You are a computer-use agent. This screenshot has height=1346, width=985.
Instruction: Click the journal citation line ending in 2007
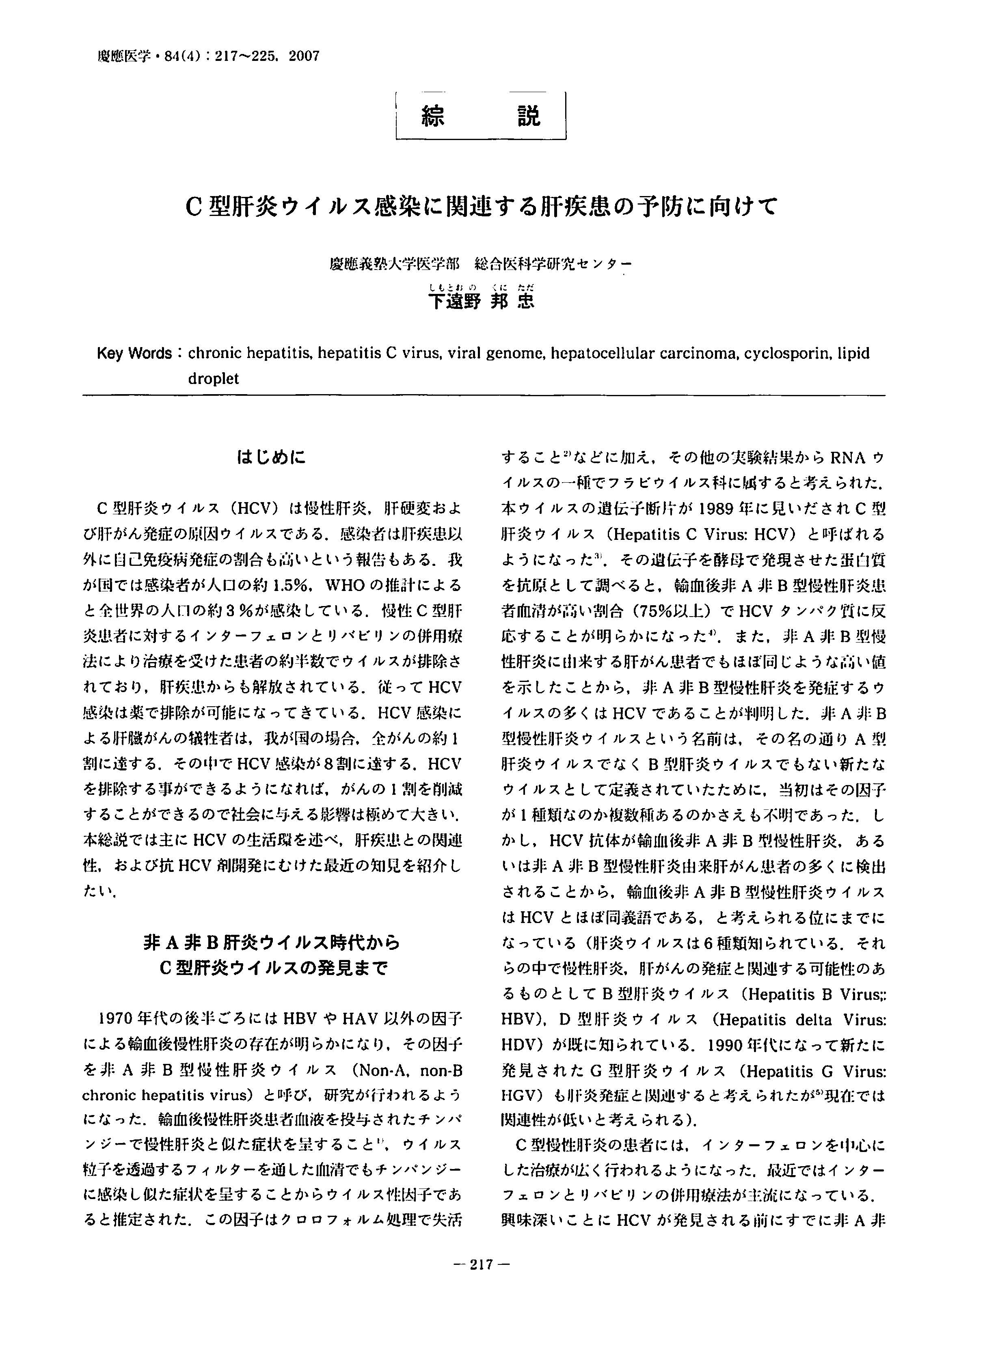click(x=208, y=57)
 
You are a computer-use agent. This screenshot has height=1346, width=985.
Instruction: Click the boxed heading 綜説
click(x=481, y=116)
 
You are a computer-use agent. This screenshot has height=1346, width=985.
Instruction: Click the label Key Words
click(x=134, y=354)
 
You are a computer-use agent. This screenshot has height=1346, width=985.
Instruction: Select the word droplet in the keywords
click(x=213, y=379)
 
